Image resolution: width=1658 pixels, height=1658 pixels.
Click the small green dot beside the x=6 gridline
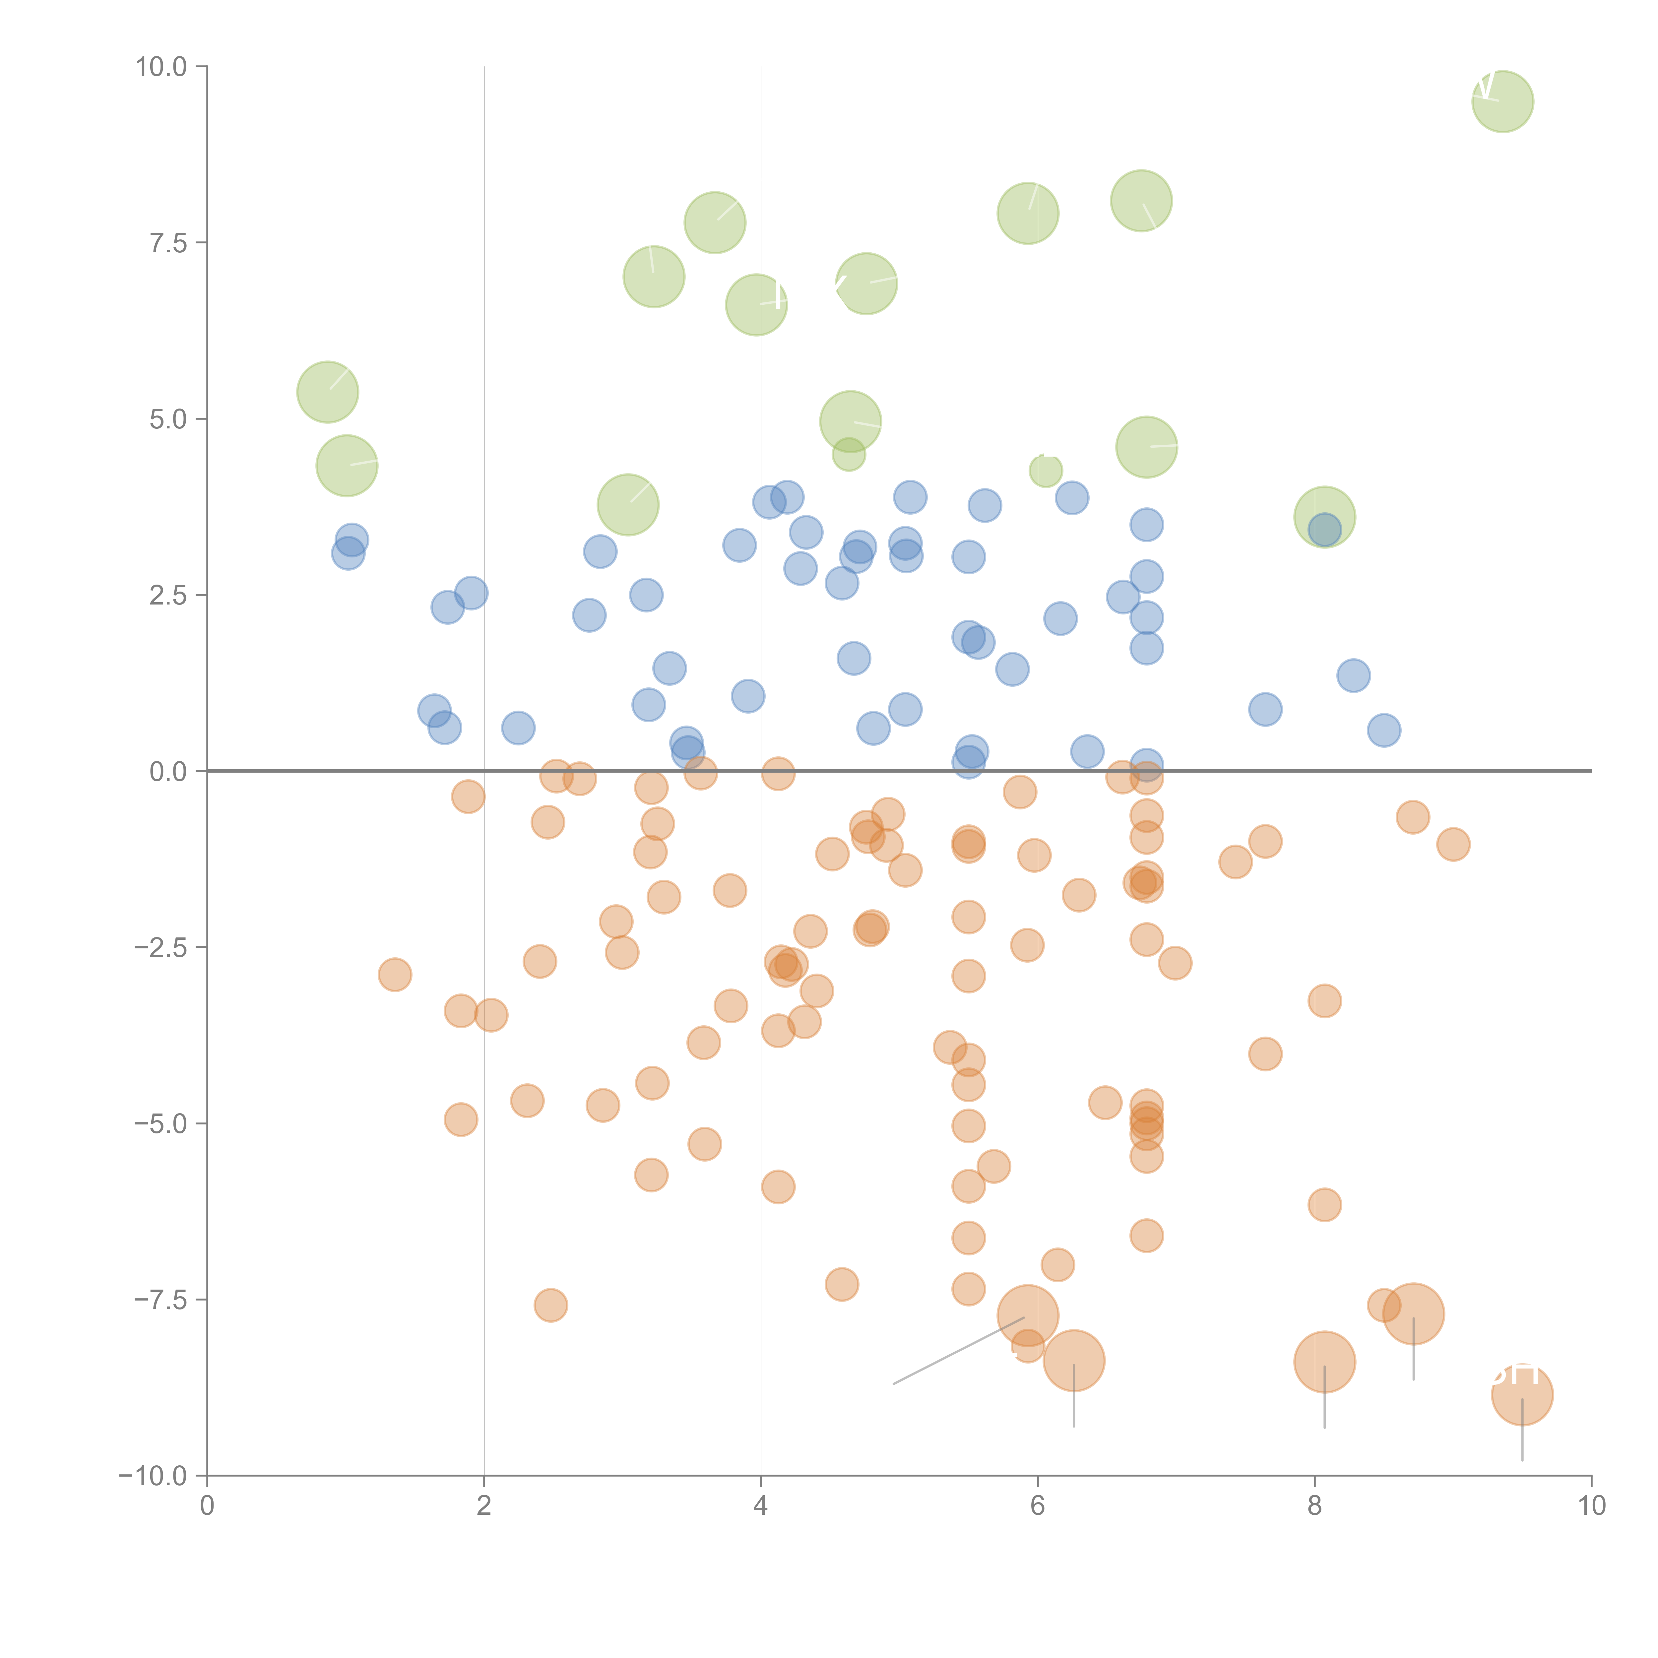pyautogui.click(x=1045, y=470)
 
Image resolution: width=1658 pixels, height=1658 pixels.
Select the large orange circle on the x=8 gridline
pyautogui.click(x=1324, y=1362)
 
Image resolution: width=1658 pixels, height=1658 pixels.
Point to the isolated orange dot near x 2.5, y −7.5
pyautogui.click(x=550, y=1305)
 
